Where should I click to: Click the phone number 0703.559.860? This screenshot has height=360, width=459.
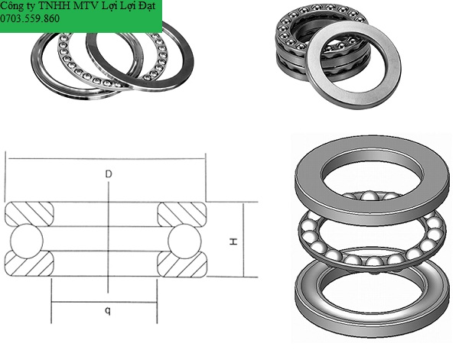30,18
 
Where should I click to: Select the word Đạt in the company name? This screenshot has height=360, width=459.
147,6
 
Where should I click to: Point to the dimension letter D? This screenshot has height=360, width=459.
109,174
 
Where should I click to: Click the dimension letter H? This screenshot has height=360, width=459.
233,242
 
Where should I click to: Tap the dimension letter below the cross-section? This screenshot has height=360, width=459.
108,310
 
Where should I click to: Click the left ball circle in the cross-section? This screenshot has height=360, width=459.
27,242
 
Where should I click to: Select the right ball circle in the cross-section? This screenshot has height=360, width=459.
184,242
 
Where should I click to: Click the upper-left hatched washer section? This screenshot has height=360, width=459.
30,214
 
